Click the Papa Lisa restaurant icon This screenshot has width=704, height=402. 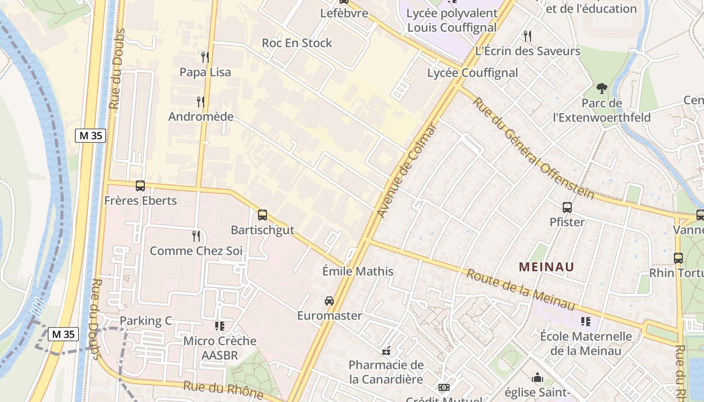click(205, 57)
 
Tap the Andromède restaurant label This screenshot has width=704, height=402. click(201, 117)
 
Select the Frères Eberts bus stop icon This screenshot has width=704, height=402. click(140, 186)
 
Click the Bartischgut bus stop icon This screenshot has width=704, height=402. click(262, 215)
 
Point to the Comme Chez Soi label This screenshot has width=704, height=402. click(196, 250)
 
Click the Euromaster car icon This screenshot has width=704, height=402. click(329, 300)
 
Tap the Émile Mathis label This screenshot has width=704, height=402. click(358, 271)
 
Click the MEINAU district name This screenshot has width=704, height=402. click(546, 266)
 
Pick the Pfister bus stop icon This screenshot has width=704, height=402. click(567, 207)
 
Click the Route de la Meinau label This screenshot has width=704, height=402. click(520, 289)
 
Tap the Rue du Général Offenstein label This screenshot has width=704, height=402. click(533, 148)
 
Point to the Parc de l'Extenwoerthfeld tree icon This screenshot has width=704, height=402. click(601, 88)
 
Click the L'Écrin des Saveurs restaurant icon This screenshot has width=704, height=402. click(527, 36)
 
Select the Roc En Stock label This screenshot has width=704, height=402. click(297, 43)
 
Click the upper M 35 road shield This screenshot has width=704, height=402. click(91, 135)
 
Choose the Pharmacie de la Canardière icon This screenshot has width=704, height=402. click(386, 351)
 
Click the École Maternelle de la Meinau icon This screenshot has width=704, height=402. click(585, 321)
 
